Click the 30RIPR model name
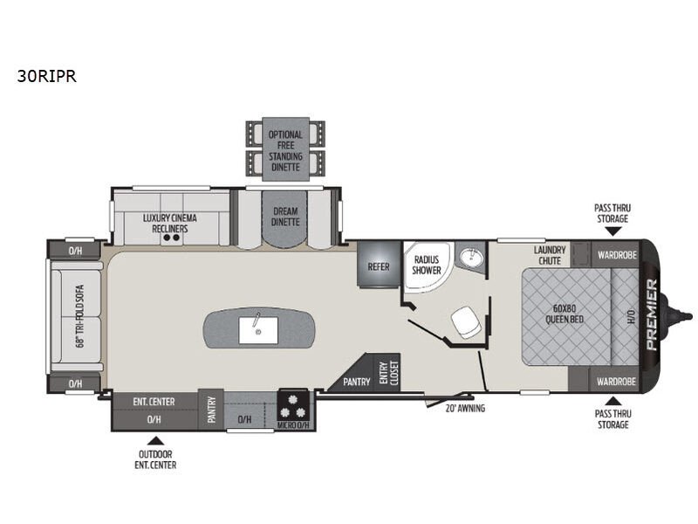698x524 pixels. pyautogui.click(x=47, y=76)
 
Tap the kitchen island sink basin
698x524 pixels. pyautogui.click(x=258, y=331)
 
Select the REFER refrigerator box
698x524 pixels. pyautogui.click(x=379, y=265)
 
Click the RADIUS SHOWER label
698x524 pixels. pyautogui.click(x=427, y=265)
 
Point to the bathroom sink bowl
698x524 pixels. pyautogui.click(x=470, y=256)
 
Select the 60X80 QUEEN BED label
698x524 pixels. pyautogui.click(x=565, y=314)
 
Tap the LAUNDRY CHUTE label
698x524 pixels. pyautogui.click(x=550, y=255)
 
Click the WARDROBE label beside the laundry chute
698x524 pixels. pyautogui.click(x=617, y=255)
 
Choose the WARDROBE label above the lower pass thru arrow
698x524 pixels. pyautogui.click(x=616, y=382)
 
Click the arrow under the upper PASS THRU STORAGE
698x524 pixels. pyautogui.click(x=613, y=231)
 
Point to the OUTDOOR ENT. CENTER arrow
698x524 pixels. pyautogui.click(x=155, y=441)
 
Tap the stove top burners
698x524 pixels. pyautogui.click(x=292, y=405)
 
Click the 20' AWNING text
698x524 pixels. pyautogui.click(x=465, y=408)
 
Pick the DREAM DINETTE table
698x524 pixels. pyautogui.click(x=285, y=219)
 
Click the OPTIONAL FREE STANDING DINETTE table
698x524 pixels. pyautogui.click(x=285, y=149)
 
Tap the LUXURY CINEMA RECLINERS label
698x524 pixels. pyautogui.click(x=169, y=224)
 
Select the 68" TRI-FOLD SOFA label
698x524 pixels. pyautogui.click(x=80, y=316)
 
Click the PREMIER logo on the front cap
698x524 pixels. pyautogui.click(x=651, y=314)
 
